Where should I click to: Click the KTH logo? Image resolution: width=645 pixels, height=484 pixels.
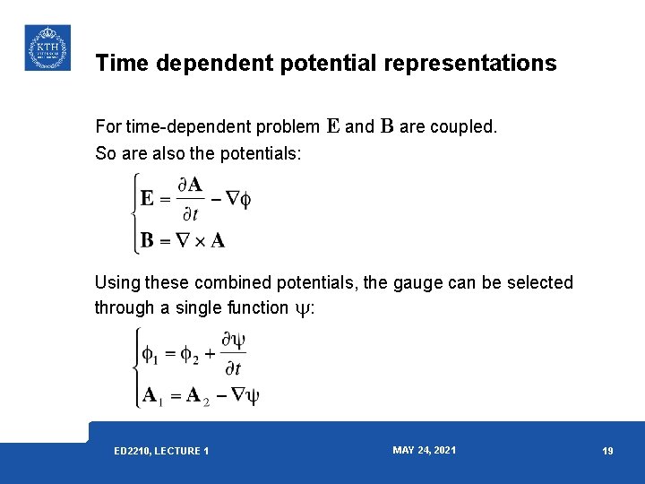click(47, 48)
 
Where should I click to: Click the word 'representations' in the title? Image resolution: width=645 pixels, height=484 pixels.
click(469, 64)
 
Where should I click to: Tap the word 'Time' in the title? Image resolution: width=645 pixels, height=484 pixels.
click(118, 64)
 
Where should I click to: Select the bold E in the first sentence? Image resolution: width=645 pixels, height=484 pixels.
click(332, 126)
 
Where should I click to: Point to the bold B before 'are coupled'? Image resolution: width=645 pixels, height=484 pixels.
click(387, 126)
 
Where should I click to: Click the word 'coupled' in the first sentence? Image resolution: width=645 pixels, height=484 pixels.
click(463, 127)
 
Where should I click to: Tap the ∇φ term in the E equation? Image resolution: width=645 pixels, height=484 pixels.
click(237, 199)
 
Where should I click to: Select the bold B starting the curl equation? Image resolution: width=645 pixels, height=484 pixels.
click(148, 240)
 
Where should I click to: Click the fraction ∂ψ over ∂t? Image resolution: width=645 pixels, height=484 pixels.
click(233, 354)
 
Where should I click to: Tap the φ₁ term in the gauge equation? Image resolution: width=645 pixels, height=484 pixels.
click(150, 355)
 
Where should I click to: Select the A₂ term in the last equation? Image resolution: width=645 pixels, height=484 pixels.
click(197, 396)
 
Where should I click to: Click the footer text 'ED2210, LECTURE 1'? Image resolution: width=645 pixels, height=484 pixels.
click(161, 451)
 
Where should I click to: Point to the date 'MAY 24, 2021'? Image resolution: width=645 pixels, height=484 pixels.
click(424, 450)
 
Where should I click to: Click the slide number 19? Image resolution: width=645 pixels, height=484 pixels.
click(607, 451)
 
